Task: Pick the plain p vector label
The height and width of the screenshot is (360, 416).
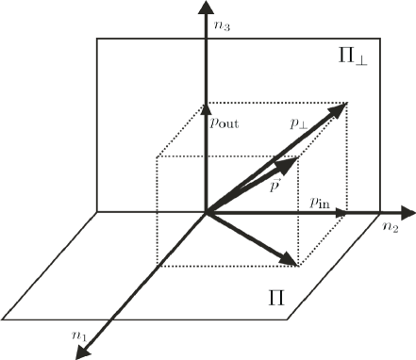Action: tap(273, 186)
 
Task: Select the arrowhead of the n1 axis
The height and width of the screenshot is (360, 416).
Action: tap(80, 352)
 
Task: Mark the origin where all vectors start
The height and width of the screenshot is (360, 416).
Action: tap(205, 212)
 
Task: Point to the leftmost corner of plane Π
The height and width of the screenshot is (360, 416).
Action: tap(5, 316)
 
